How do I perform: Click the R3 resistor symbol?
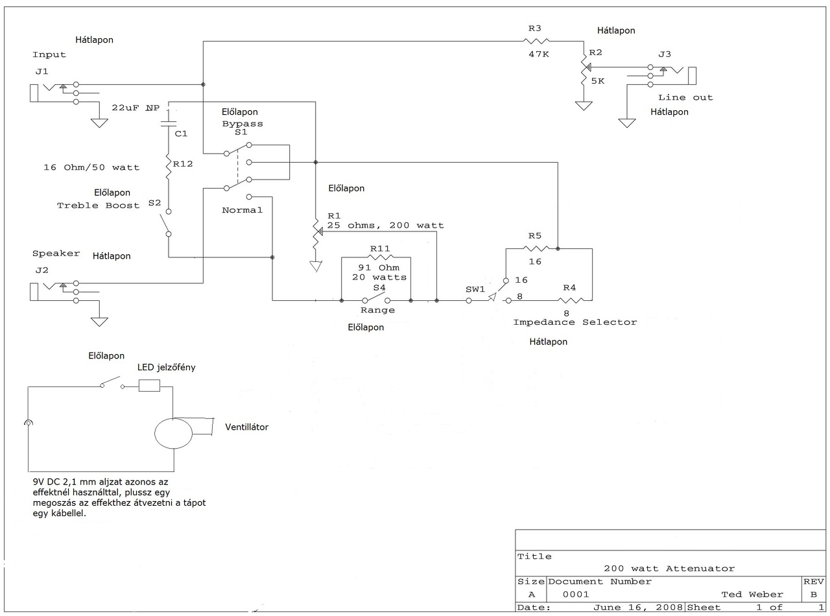[536, 41]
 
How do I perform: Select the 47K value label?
[538, 54]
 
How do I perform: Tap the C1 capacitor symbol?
[169, 123]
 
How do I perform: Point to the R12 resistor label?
[183, 164]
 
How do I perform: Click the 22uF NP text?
[136, 108]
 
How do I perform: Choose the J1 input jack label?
[42, 71]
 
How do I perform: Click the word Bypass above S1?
[243, 124]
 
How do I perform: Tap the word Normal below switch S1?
[242, 210]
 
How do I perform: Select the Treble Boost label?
[98, 206]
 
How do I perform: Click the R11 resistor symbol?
[380, 257]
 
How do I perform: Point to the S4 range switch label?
[379, 288]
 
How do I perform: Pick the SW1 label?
[475, 289]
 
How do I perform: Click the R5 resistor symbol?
[536, 248]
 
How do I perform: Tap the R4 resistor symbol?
[570, 300]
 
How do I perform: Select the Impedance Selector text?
[575, 322]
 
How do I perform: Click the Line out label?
[685, 98]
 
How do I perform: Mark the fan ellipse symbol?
[173, 433]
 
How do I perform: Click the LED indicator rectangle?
[149, 385]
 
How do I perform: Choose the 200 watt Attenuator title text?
[669, 569]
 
